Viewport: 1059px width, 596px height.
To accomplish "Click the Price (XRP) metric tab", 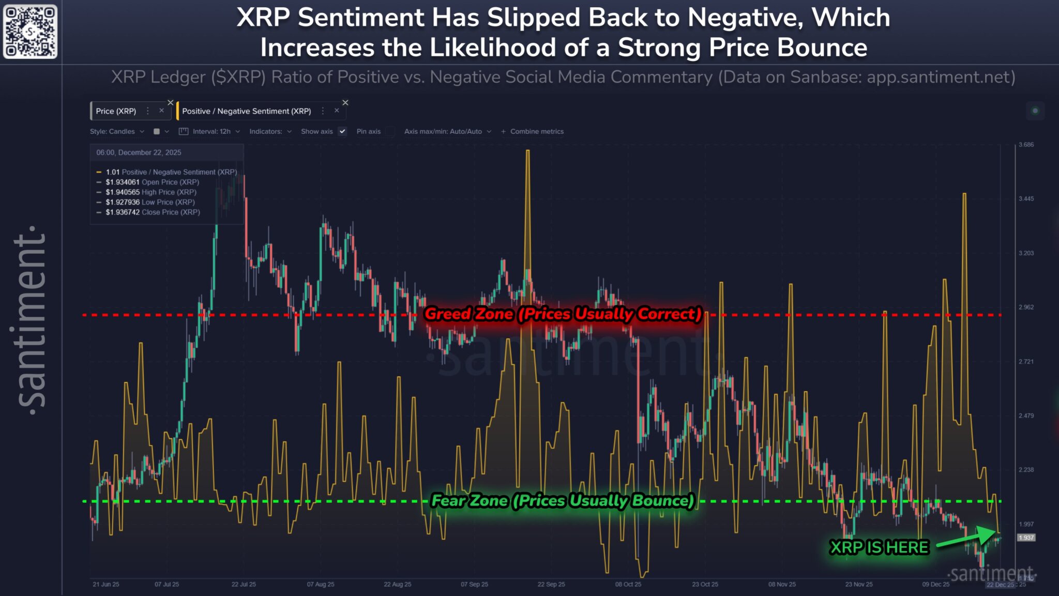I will coord(116,111).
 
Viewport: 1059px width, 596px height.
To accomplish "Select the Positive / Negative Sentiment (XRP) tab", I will coord(246,111).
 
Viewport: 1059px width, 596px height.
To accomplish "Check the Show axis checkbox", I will coord(342,131).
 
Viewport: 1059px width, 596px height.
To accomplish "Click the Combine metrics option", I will coord(533,131).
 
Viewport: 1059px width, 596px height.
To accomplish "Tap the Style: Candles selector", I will coord(117,131).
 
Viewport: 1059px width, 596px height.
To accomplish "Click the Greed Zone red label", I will coord(563,314).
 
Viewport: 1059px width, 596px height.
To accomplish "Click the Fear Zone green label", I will coord(563,500).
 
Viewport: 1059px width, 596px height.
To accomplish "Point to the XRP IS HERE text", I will coord(879,547).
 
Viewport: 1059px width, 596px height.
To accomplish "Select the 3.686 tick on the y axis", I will coord(1026,144).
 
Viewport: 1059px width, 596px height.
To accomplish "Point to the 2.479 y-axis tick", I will coord(1026,416).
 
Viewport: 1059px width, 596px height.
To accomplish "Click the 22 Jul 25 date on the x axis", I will coord(244,584).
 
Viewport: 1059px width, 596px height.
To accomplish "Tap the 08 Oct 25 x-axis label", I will coord(628,584).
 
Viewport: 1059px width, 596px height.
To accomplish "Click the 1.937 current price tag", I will coord(1026,538).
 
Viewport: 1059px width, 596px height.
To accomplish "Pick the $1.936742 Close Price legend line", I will coord(153,212).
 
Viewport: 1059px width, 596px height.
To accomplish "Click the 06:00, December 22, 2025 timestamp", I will coord(139,152).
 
